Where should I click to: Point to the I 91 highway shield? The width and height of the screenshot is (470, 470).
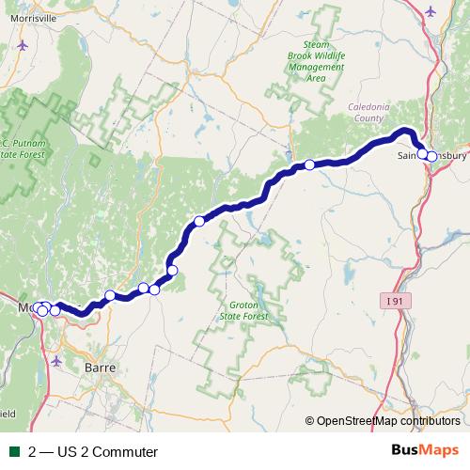[x=399, y=301]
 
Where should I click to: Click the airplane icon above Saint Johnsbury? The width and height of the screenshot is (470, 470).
[x=431, y=11]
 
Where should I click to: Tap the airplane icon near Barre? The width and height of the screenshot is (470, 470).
[x=58, y=360]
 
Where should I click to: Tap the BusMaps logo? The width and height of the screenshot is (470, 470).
[x=425, y=451]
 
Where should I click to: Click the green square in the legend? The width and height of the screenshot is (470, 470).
[x=15, y=452]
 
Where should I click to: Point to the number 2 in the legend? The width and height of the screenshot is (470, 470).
[x=33, y=452]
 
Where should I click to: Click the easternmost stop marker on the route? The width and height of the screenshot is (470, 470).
[x=431, y=156]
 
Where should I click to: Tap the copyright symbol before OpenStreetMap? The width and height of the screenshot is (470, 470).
[x=310, y=421]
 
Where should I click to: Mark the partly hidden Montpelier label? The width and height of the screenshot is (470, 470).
[x=26, y=307]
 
